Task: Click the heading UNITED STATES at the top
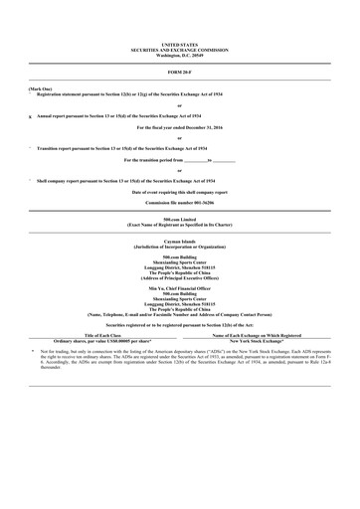[179, 45]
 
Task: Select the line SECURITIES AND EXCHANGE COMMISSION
[179, 49]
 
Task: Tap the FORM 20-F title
[179, 73]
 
